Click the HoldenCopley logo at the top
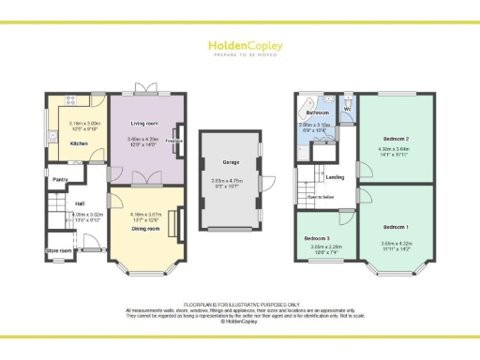[239, 46]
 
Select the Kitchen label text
[80, 143]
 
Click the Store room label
[59, 250]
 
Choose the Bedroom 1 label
[396, 228]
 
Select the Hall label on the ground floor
[80, 203]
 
